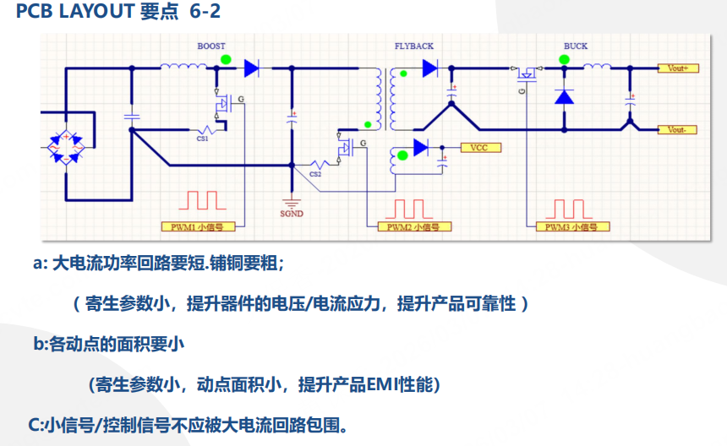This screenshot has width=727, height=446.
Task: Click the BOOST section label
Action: click(211, 46)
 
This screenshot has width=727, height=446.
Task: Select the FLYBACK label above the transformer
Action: click(414, 46)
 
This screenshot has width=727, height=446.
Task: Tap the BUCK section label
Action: click(576, 46)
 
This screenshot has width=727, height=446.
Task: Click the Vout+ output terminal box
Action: click(678, 68)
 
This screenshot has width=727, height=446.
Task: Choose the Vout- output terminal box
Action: click(677, 130)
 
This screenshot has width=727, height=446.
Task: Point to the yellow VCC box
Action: click(481, 148)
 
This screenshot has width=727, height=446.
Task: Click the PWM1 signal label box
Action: click(198, 227)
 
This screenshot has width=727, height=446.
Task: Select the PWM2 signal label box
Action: click(414, 227)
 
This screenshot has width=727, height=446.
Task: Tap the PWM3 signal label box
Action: click(572, 227)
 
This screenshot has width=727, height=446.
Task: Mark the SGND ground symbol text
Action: click(292, 214)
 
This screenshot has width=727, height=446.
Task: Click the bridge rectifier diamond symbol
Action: click(66, 148)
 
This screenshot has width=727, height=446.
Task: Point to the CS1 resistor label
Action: click(202, 139)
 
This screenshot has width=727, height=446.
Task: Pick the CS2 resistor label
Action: click(315, 174)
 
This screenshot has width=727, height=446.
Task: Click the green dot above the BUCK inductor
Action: click(564, 59)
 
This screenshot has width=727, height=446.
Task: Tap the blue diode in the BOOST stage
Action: click(251, 68)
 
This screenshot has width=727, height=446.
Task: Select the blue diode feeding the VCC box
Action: click(420, 148)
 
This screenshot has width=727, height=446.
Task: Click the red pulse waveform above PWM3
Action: click(569, 209)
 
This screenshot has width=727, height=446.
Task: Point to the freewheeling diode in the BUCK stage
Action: click(564, 97)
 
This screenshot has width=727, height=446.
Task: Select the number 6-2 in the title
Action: click(205, 11)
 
